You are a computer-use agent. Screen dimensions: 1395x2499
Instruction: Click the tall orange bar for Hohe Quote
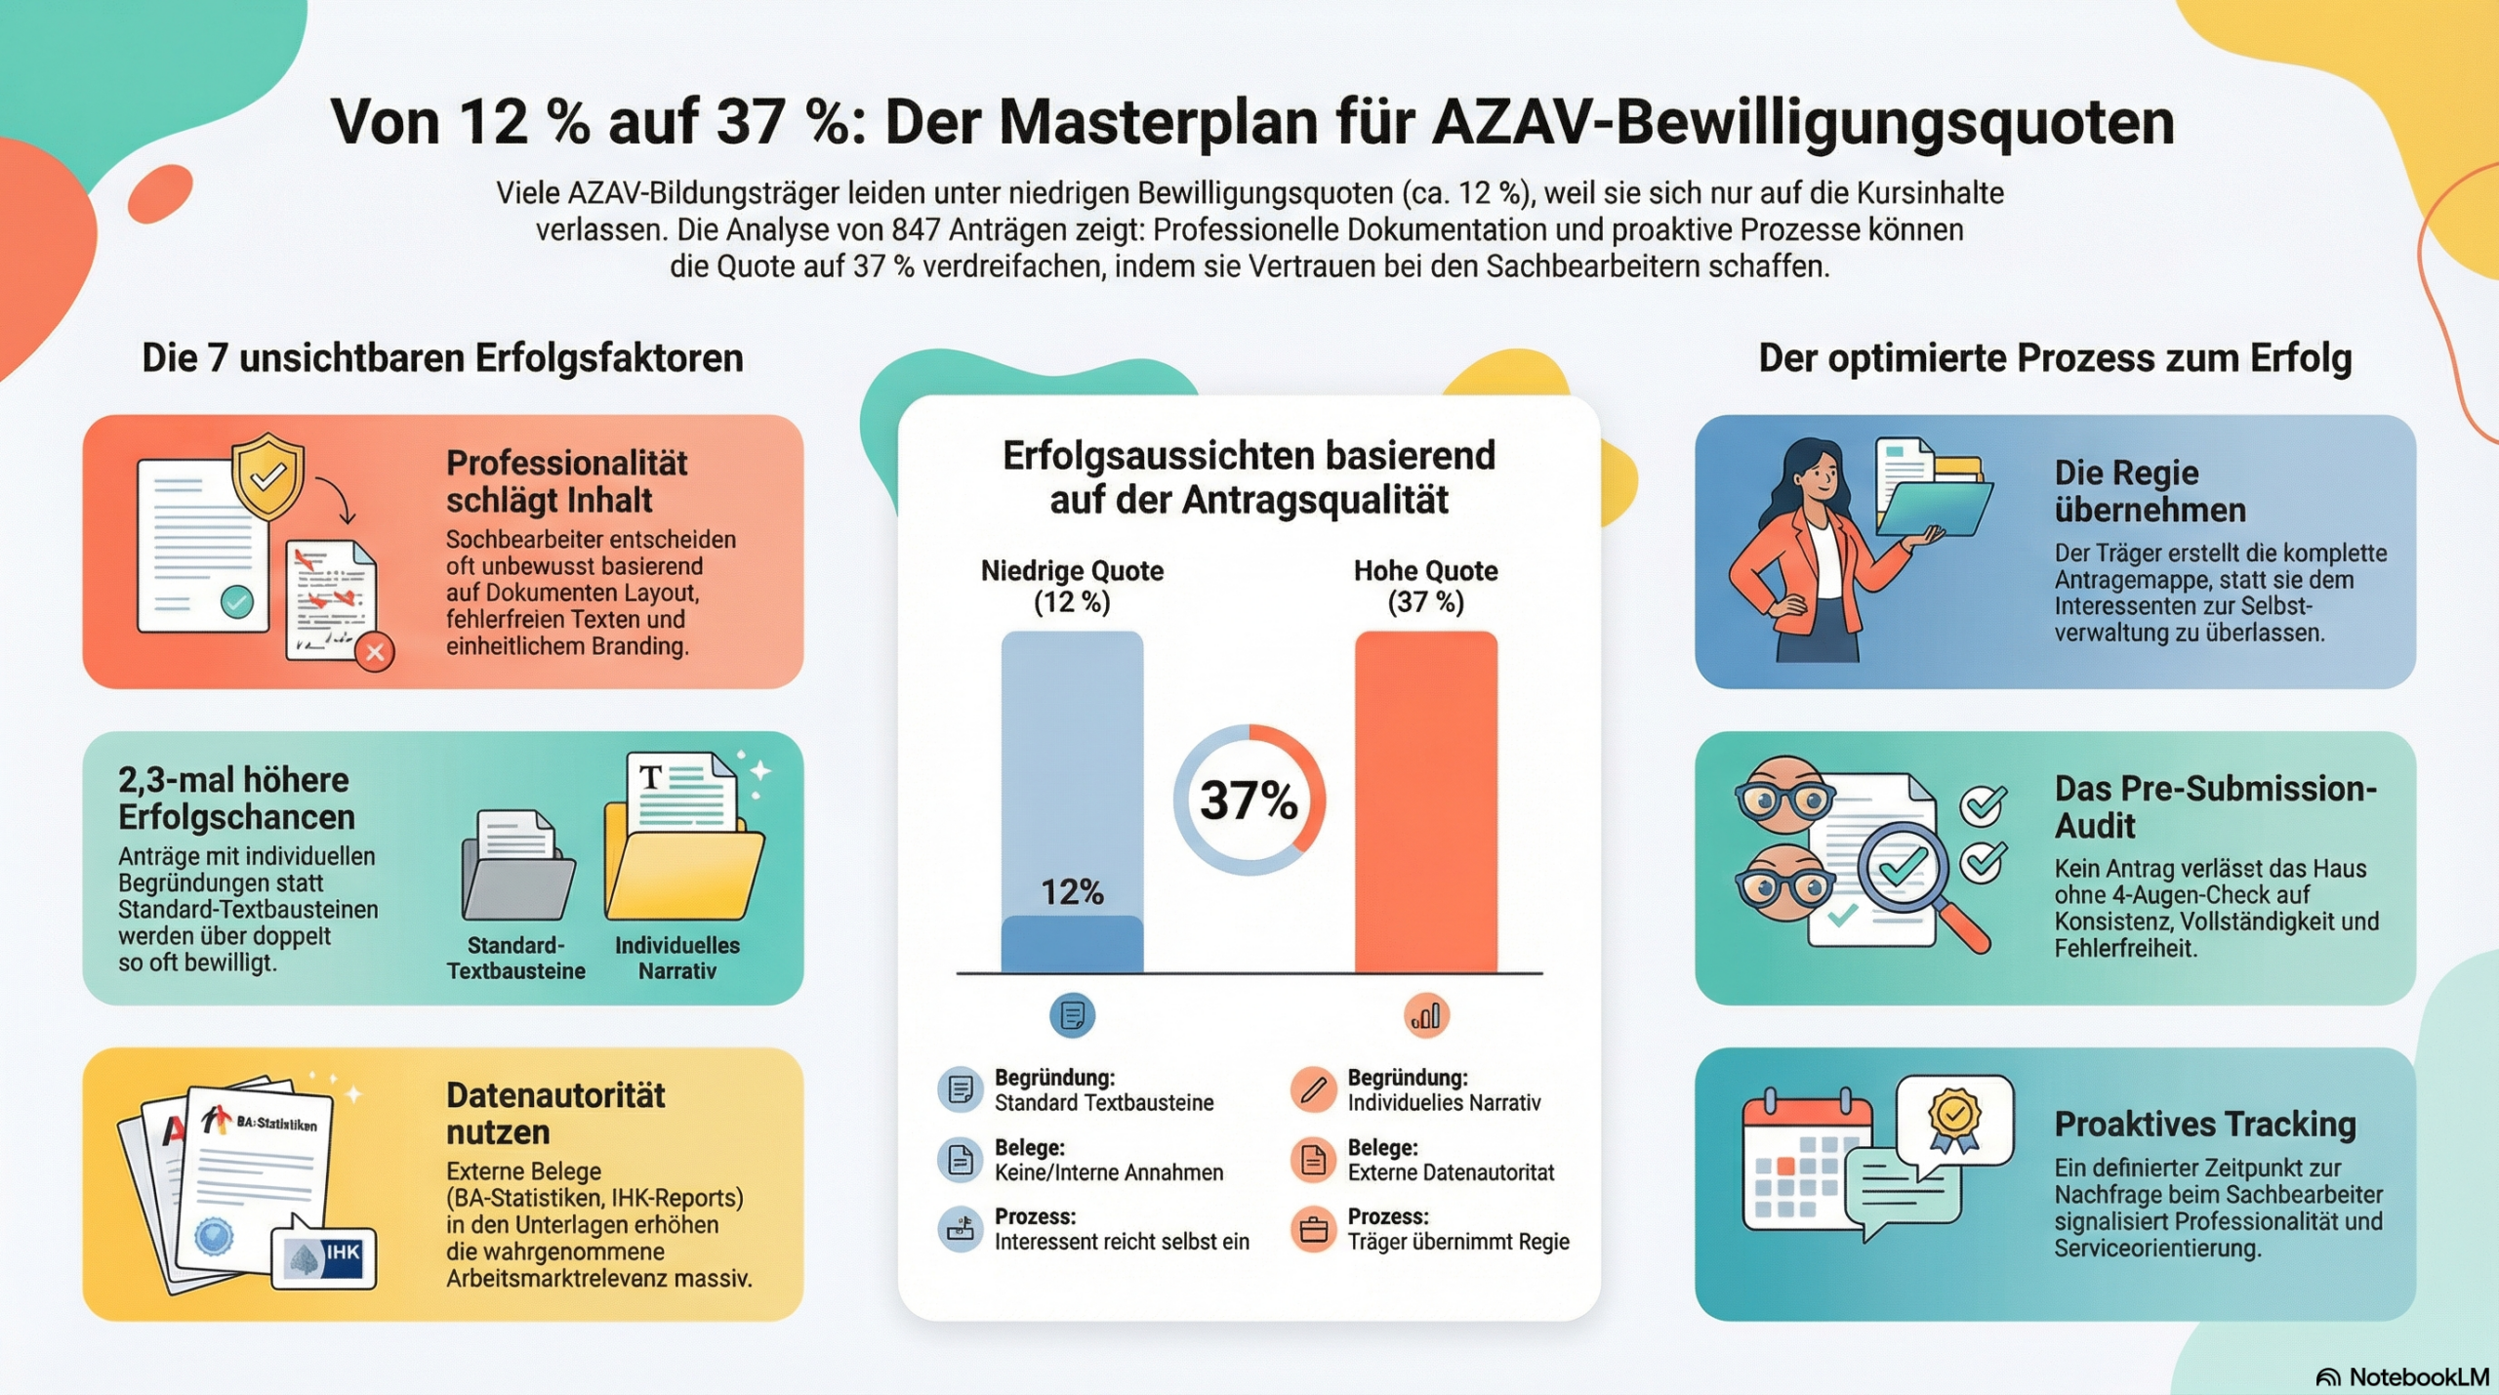pyautogui.click(x=1425, y=800)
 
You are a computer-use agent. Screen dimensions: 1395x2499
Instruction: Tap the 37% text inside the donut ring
pyautogui.click(x=1249, y=800)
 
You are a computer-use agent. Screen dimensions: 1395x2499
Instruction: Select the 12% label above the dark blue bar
pyautogui.click(x=1072, y=891)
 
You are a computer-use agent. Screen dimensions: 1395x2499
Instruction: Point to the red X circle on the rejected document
pyautogui.click(x=375, y=652)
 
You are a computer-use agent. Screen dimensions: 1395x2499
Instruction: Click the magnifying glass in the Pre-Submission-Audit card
pyautogui.click(x=1913, y=879)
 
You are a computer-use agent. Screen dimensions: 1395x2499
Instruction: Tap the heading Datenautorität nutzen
pyautogui.click(x=554, y=1114)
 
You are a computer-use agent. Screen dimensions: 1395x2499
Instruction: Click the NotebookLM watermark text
pyautogui.click(x=2418, y=1376)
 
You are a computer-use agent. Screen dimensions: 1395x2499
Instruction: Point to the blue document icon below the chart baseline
pyautogui.click(x=1072, y=1015)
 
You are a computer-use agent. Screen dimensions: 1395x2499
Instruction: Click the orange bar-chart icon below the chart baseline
pyautogui.click(x=1426, y=1015)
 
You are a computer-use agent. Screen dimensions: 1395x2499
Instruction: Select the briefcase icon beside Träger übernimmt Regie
pyautogui.click(x=1313, y=1229)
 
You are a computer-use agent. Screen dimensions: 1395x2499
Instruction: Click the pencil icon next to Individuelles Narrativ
pyautogui.click(x=1313, y=1089)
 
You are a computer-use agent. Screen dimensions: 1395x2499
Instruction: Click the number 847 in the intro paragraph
pyautogui.click(x=916, y=230)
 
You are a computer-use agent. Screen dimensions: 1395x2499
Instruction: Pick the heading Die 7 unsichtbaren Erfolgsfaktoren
pyautogui.click(x=442, y=358)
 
